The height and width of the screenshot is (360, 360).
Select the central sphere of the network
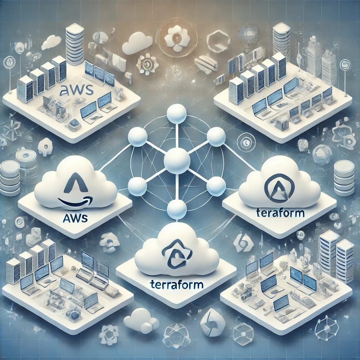[177, 160]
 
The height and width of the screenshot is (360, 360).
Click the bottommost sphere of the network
[177, 210]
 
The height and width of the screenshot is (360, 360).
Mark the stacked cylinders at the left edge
[9, 178]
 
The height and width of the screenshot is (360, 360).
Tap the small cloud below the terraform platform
[141, 320]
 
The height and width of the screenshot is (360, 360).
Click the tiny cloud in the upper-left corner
[51, 43]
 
